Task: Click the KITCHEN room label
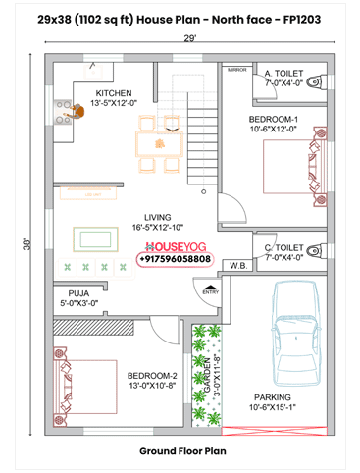pyautogui.click(x=113, y=93)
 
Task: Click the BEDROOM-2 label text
pyautogui.click(x=151, y=375)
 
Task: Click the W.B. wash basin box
pyautogui.click(x=237, y=265)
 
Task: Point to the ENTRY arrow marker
pyautogui.click(x=209, y=289)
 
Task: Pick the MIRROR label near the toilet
pyautogui.click(x=236, y=71)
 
